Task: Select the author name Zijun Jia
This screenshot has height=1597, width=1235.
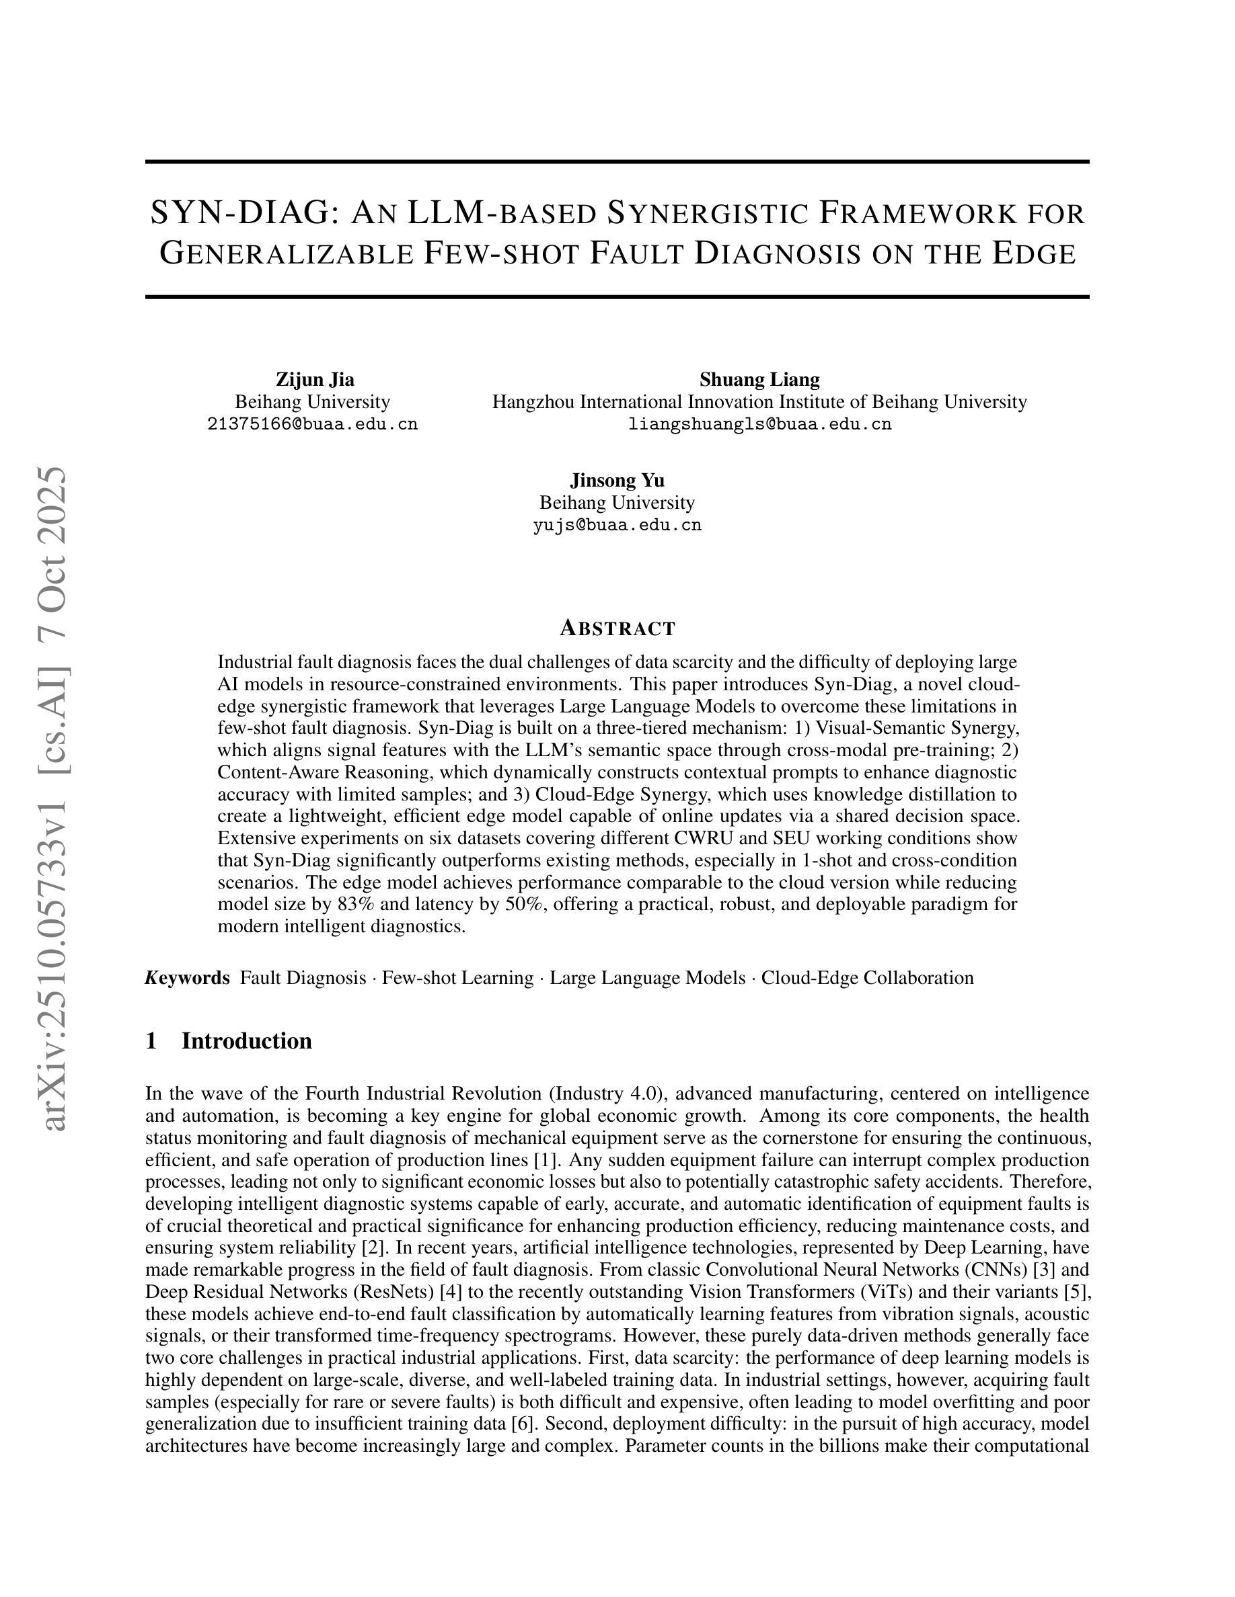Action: click(315, 380)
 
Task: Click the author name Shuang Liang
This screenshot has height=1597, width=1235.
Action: click(759, 380)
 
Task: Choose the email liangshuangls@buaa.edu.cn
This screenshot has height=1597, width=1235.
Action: click(759, 424)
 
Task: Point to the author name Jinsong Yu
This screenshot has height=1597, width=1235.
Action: click(617, 481)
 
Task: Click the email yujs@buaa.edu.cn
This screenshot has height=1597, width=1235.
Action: click(617, 525)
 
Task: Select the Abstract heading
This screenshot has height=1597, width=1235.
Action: click(617, 628)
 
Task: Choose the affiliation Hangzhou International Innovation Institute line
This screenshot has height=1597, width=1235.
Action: click(759, 401)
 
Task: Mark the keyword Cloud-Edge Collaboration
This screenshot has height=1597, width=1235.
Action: click(867, 978)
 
